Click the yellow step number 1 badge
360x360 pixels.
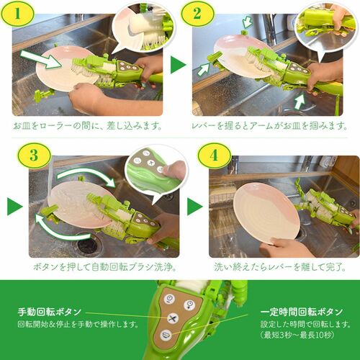[17, 14]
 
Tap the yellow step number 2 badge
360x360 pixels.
[197, 14]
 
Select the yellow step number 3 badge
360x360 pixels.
[34, 156]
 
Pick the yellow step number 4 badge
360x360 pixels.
[214, 156]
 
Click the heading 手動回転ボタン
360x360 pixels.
[50, 312]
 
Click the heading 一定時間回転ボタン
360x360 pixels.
[302, 312]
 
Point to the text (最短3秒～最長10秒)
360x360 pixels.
[297, 335]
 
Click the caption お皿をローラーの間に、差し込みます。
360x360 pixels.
[87, 125]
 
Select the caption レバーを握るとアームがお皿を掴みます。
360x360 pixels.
[269, 125]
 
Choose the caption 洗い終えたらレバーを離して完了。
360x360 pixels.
[280, 267]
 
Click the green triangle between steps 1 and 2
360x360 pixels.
[178, 65]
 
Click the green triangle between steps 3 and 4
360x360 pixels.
[195, 207]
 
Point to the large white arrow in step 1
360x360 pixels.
[41, 60]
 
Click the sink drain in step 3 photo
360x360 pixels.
[86, 244]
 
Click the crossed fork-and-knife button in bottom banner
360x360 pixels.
[172, 319]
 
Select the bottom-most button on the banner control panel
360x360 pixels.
[166, 335]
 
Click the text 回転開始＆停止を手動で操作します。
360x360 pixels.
[78, 325]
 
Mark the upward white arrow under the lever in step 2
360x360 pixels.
[300, 102]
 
